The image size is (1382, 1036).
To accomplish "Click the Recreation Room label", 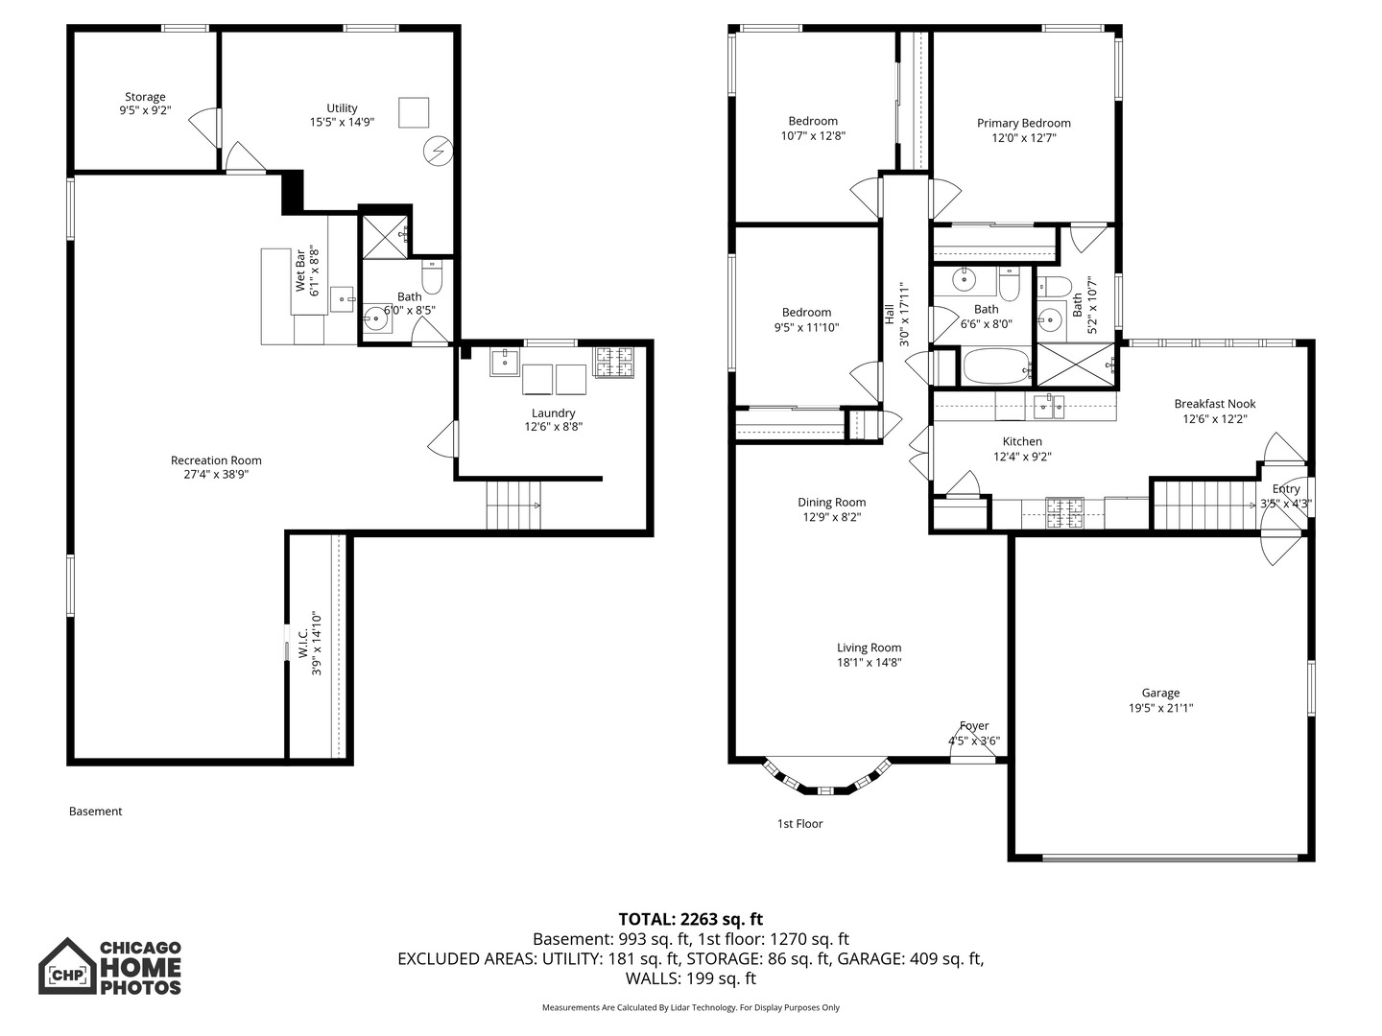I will tap(216, 460).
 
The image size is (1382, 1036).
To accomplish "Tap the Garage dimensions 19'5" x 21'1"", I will tap(1160, 709).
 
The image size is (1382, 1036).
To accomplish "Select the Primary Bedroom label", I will tap(1023, 123).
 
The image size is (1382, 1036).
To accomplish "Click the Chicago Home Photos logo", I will tap(109, 967).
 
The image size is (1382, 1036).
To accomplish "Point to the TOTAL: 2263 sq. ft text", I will tap(690, 919).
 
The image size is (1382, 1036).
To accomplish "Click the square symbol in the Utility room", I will tap(415, 112).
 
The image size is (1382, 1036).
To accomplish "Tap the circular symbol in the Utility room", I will tap(438, 151).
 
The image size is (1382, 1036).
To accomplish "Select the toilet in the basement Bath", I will tap(432, 277).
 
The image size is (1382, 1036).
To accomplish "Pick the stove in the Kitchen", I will tap(1063, 512).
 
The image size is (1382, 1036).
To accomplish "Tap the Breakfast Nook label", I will tap(1214, 404).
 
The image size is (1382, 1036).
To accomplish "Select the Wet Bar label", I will tap(300, 271).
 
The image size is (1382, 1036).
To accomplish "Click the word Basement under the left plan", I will tap(96, 812).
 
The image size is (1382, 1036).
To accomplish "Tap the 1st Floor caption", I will tap(799, 823).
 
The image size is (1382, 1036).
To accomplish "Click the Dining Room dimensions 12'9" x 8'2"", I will tap(831, 517).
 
